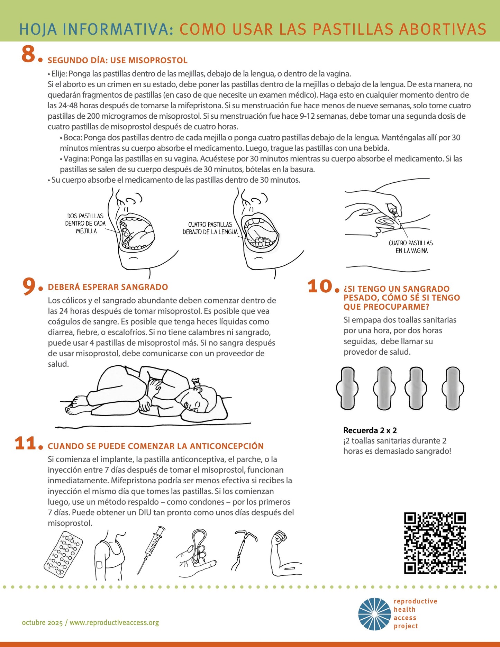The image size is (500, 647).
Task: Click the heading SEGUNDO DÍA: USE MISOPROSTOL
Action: (x=117, y=61)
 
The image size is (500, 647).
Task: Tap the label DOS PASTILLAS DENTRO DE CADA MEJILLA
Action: (x=85, y=224)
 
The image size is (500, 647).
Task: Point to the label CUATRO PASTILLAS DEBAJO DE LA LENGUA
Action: (x=210, y=228)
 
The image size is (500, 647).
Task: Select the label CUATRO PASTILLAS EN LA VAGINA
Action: (x=411, y=247)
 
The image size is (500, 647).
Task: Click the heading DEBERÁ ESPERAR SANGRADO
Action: (x=108, y=287)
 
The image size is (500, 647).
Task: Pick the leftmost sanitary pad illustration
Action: (x=347, y=388)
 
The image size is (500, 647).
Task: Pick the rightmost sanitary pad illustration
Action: (x=453, y=388)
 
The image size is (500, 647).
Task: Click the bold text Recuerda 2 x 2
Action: (x=370, y=430)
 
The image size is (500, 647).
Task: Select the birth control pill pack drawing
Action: (x=63, y=555)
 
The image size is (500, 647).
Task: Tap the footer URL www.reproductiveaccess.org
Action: (x=114, y=622)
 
